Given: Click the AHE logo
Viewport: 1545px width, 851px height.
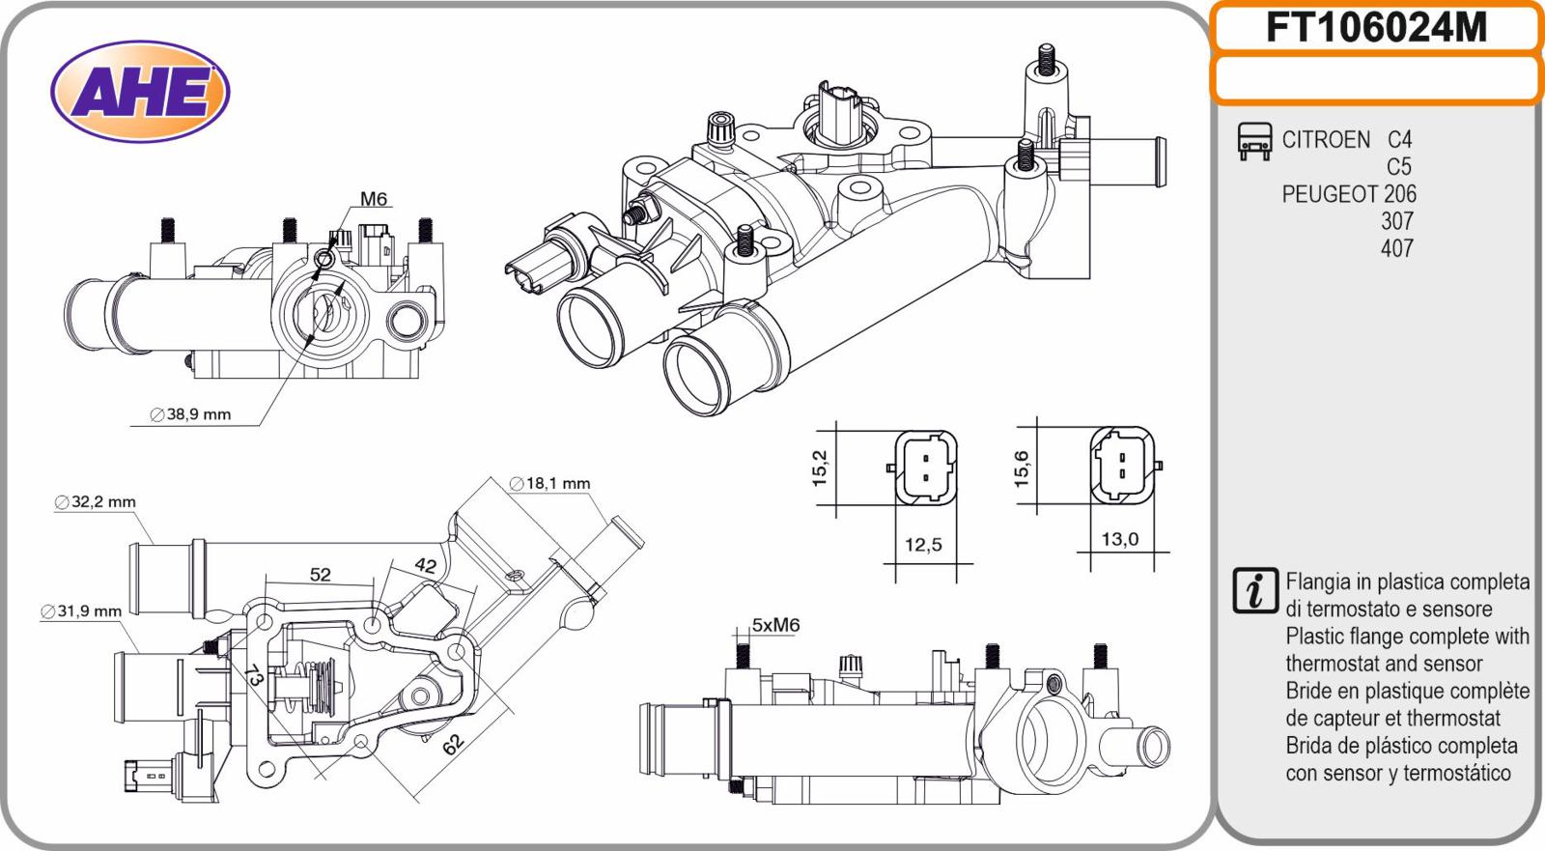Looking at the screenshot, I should [x=141, y=93].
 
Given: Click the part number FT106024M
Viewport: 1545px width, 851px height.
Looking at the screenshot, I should [x=1376, y=28].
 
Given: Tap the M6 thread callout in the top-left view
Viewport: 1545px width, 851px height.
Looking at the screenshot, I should [x=374, y=200].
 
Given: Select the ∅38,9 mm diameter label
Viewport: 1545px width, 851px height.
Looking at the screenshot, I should [x=191, y=414].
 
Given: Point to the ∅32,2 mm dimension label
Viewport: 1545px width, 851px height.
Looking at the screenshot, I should [x=96, y=502].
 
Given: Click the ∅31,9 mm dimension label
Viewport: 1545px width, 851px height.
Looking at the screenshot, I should [x=82, y=611].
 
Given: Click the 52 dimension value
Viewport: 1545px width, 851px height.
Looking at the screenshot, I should [x=321, y=575].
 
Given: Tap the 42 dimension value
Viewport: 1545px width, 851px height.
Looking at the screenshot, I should [x=425, y=567].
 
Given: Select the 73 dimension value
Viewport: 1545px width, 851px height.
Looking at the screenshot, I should [x=254, y=675].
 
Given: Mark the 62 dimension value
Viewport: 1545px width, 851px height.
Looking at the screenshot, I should [x=453, y=742].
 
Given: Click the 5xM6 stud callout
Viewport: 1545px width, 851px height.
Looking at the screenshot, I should [x=776, y=625].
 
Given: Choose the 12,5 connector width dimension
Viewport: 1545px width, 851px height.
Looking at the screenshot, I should [x=923, y=546].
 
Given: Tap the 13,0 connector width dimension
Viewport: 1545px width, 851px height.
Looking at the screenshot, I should [x=1120, y=540].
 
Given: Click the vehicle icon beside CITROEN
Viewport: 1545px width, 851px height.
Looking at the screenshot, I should [x=1254, y=141].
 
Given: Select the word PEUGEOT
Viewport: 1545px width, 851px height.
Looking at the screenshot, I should [x=1329, y=194].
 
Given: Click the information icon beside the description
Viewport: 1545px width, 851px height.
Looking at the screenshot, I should [x=1254, y=591].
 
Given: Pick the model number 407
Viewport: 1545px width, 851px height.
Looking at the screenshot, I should [x=1396, y=248].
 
